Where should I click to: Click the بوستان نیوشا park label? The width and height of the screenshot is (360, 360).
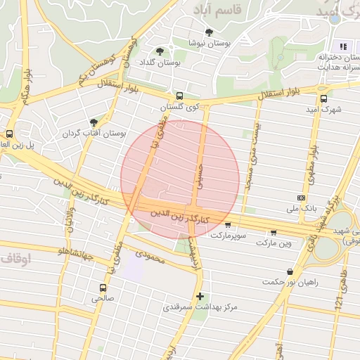click(x=208, y=43)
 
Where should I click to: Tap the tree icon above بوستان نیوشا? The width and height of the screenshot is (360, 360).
click(x=209, y=32)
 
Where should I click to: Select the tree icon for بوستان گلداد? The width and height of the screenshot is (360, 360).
click(x=160, y=51)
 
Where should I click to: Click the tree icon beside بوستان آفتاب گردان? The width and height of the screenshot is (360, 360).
click(x=94, y=122)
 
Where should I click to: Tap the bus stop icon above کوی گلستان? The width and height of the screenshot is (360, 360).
click(x=179, y=96)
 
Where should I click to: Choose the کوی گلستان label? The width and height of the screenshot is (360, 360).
click(x=180, y=107)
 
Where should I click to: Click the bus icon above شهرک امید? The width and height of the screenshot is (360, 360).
click(x=323, y=99)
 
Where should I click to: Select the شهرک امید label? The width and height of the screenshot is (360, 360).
click(x=324, y=110)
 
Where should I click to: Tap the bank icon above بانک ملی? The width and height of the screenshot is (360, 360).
click(x=302, y=198)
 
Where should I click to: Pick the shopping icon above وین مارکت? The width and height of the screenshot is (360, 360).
click(x=274, y=232)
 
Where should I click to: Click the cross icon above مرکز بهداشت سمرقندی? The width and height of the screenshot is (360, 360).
click(x=200, y=297)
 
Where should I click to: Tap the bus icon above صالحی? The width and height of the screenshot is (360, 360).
click(x=103, y=288)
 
